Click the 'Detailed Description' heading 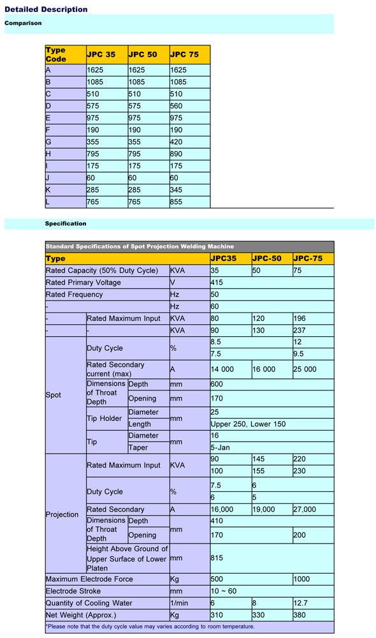click(x=46, y=10)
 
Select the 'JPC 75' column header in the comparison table click(x=184, y=54)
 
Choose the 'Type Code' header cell click(x=56, y=54)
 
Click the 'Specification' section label click(x=66, y=224)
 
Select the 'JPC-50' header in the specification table click(x=268, y=258)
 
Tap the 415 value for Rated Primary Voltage click(x=218, y=283)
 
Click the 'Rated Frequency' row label click(x=74, y=295)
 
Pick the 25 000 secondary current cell click(x=305, y=369)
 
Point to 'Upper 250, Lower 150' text click(x=249, y=424)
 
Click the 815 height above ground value click(x=218, y=558)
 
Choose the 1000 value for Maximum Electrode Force click(x=303, y=579)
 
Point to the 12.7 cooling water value click(x=301, y=603)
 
